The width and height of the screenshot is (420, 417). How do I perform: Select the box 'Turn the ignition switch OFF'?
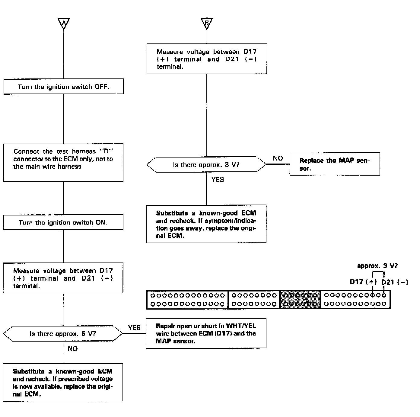(x=63, y=87)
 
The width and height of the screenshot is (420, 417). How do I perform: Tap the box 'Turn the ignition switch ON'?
(x=63, y=222)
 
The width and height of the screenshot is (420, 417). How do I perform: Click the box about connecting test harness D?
(x=63, y=162)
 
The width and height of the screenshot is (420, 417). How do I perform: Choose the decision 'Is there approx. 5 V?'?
(x=63, y=334)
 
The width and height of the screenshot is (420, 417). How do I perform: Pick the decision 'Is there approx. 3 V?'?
(x=206, y=165)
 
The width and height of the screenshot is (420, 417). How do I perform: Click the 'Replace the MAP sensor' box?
(x=334, y=164)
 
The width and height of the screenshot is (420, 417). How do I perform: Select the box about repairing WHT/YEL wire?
(x=206, y=333)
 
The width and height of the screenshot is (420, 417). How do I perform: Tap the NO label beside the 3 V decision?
(x=278, y=158)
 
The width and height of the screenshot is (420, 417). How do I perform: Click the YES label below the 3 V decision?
(x=218, y=180)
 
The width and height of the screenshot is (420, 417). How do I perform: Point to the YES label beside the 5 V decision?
(x=134, y=328)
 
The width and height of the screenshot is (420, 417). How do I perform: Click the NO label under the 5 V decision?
(x=73, y=349)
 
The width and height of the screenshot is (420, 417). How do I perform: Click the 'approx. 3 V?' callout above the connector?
(x=377, y=266)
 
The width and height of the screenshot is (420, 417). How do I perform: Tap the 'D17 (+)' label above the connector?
(x=363, y=282)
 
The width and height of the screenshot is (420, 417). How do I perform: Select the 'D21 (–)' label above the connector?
(x=395, y=282)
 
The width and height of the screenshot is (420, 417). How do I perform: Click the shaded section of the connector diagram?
(x=300, y=299)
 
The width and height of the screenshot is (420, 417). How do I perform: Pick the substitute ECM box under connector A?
(x=63, y=382)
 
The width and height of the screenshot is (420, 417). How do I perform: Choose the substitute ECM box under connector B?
(x=206, y=224)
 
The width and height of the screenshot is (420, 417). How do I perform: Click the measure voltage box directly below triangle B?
(x=207, y=59)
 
